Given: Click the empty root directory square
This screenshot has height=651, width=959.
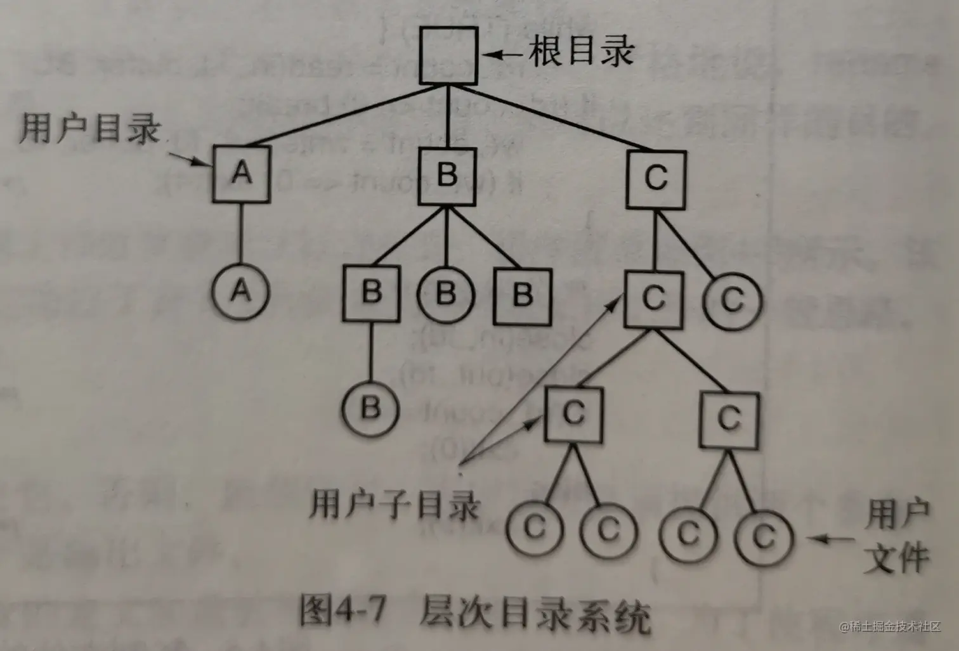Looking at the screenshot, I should click(x=448, y=56).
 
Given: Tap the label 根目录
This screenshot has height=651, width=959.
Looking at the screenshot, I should click(x=581, y=51).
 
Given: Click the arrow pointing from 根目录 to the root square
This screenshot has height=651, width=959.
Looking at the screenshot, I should click(x=505, y=55).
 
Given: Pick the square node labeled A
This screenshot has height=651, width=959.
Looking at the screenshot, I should click(x=241, y=174).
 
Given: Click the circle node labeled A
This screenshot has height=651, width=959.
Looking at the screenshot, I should click(x=241, y=292).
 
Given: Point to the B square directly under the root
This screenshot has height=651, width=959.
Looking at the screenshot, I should click(x=447, y=176).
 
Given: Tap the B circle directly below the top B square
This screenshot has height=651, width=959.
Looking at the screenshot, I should click(x=447, y=294).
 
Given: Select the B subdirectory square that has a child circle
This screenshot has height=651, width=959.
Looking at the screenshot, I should click(x=372, y=293).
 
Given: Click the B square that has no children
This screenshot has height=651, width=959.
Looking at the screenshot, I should click(x=523, y=295).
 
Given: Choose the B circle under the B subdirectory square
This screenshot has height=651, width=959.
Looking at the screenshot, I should click(x=371, y=408).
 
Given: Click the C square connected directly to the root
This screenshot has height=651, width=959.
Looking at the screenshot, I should click(x=656, y=179).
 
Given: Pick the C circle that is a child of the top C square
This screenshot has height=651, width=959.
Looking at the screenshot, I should click(x=732, y=299).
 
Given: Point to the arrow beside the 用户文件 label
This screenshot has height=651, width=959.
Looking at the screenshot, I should click(x=832, y=539).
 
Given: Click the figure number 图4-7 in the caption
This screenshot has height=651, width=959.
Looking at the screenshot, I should click(x=342, y=611).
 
